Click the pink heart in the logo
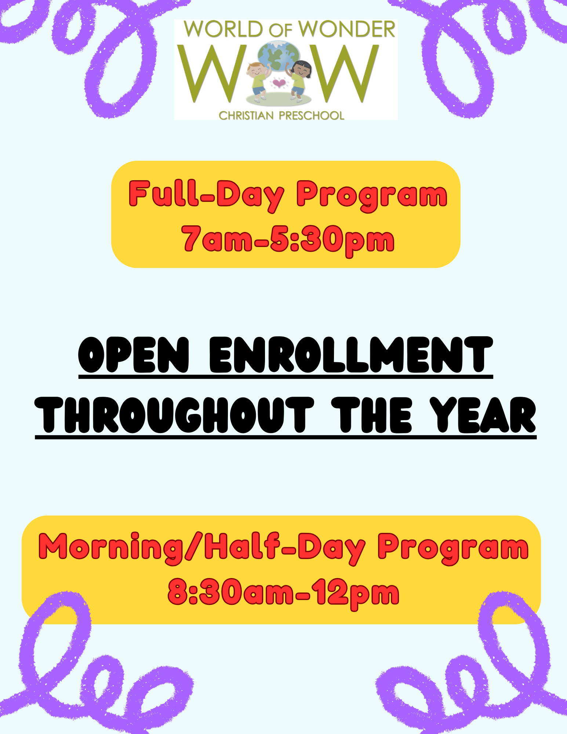279,84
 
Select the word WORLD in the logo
223,30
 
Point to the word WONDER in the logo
347,30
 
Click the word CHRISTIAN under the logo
246,116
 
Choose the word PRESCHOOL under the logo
312,116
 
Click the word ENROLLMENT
351,355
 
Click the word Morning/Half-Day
202,548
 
